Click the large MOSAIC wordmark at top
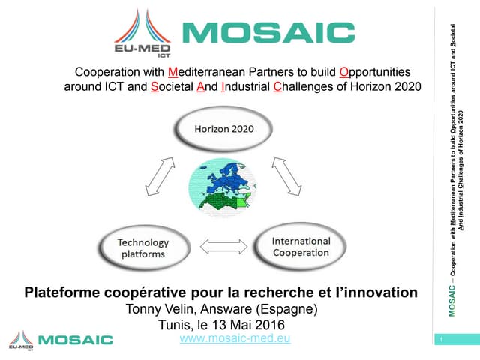pyautogui.click(x=268, y=33)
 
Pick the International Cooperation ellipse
pyautogui.click(x=300, y=246)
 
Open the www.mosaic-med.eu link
pyautogui.click(x=235, y=339)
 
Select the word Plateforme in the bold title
pyautogui.click(x=64, y=291)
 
